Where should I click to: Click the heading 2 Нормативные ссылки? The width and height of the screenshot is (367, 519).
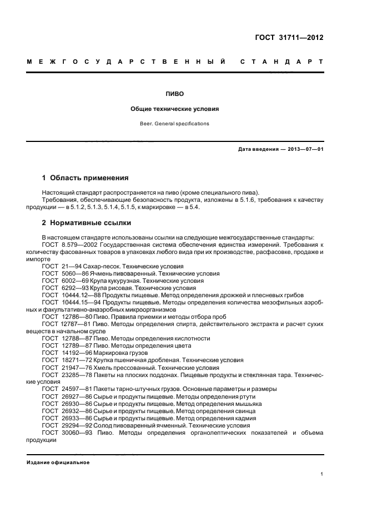coord(87,223)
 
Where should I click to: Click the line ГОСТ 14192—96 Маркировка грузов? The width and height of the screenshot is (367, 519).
coord(109,353)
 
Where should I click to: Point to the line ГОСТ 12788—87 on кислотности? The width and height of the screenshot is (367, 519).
coord(126,338)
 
